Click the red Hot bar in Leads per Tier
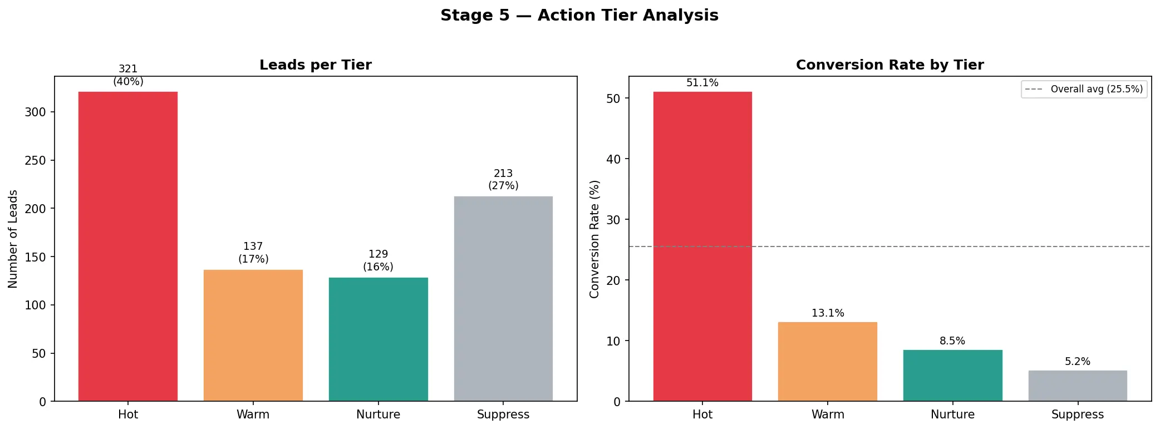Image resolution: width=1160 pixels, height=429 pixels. pos(128,246)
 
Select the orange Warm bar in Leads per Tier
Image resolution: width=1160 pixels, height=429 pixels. pos(253,336)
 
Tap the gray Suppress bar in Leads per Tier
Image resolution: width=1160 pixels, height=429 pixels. pos(503,298)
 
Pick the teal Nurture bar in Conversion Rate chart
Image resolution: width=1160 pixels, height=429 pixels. pos(952,376)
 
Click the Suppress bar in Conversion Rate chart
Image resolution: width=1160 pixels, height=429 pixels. pos(1078,386)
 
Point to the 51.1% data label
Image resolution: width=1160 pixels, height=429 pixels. pos(702,83)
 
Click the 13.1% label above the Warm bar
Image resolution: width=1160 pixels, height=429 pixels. pos(828,313)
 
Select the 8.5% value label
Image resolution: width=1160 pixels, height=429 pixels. pos(952,341)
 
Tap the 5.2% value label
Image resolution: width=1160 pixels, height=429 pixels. pos(1078,362)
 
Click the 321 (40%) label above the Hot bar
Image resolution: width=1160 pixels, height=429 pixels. pos(128,75)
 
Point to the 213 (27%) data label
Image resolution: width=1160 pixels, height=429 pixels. pos(503,180)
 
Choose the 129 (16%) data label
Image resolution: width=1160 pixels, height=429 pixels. pos(378,260)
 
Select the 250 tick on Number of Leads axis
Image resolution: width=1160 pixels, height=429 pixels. pos(35,160)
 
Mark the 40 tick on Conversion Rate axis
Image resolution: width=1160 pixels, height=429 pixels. pos(613,159)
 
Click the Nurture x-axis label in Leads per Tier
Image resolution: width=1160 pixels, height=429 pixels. pos(378,415)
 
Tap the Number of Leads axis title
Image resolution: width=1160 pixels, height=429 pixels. pos(13,239)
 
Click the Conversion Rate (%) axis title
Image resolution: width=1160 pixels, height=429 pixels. pos(594,239)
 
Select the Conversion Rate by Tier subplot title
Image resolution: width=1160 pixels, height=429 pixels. pos(889,65)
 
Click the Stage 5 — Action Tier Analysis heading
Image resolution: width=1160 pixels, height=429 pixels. pos(579,15)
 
